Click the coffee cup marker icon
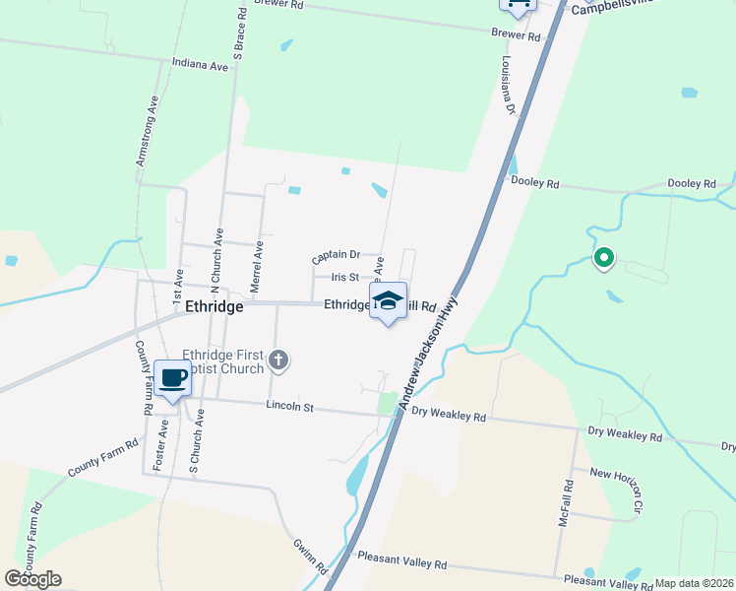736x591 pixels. [x=172, y=378]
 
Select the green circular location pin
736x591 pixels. [x=603, y=259]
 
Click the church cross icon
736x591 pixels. [x=278, y=361]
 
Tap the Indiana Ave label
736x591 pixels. [x=200, y=65]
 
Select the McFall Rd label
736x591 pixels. [x=566, y=502]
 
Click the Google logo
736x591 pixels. [x=32, y=579]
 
